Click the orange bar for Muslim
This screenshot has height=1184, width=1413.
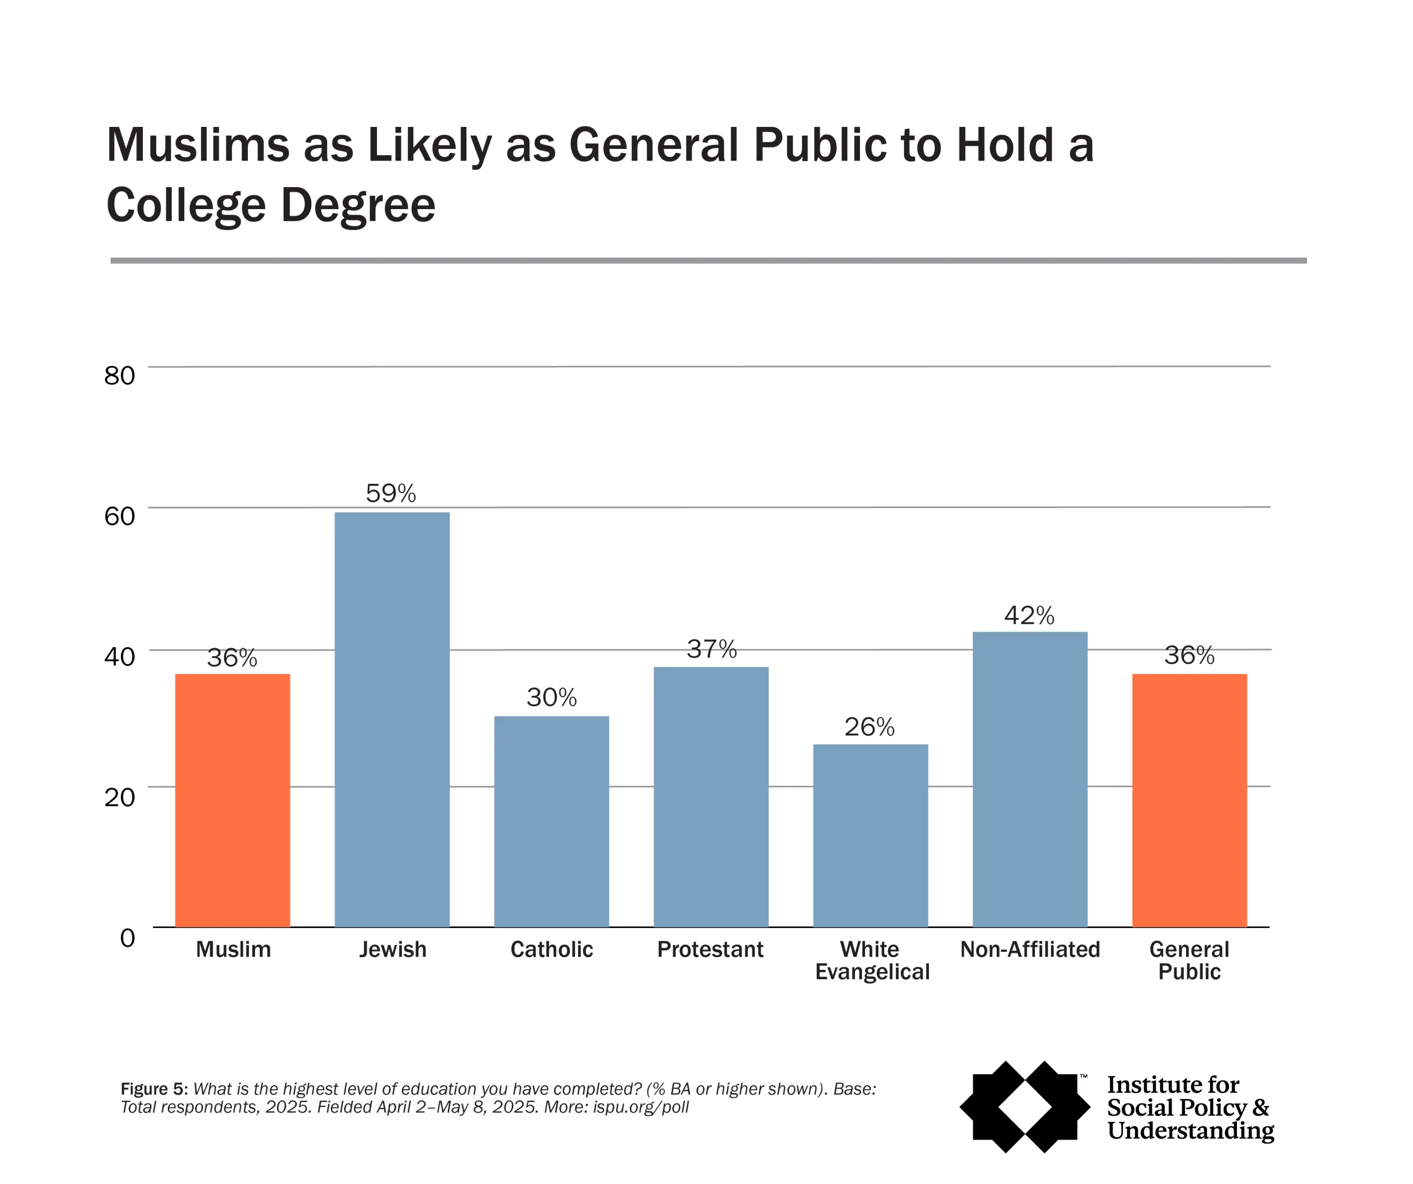pyautogui.click(x=232, y=800)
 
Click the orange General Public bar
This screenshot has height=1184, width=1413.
pyautogui.click(x=1189, y=800)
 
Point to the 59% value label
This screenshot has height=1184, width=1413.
pyautogui.click(x=390, y=494)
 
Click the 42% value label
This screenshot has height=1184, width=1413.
pyautogui.click(x=1029, y=616)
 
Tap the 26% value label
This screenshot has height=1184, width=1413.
pyautogui.click(x=869, y=727)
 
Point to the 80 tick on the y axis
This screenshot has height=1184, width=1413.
pyautogui.click(x=119, y=375)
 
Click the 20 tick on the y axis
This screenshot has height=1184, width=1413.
pyautogui.click(x=119, y=797)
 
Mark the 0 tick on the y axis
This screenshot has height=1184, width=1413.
pyautogui.click(x=127, y=937)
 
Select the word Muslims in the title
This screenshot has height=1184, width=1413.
pyautogui.click(x=197, y=145)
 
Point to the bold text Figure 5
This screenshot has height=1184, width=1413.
pyautogui.click(x=153, y=1089)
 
